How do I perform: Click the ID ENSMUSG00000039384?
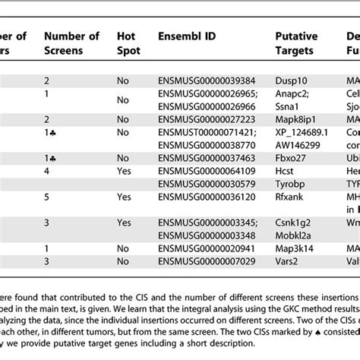click(205, 79)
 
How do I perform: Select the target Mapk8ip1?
click(297, 120)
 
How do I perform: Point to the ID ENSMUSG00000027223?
click(205, 120)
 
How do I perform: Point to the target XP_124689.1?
click(300, 132)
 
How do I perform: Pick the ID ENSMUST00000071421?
click(205, 132)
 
